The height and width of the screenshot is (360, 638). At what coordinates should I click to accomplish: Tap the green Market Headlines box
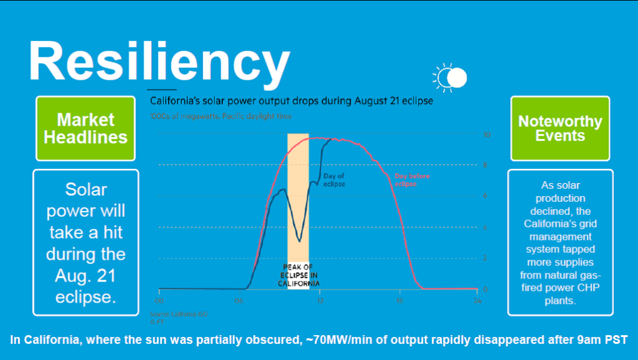click(85, 128)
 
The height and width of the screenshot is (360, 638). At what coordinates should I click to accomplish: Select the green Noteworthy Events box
click(560, 128)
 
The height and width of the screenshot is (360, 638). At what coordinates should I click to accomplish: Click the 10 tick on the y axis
click(486, 135)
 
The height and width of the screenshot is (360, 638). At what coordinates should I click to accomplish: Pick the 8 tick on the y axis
click(486, 165)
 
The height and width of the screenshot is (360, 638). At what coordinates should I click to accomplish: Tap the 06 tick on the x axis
click(239, 300)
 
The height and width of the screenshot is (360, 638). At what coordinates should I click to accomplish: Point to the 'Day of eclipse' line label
click(334, 181)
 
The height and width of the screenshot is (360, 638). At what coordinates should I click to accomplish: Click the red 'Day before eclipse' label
click(412, 180)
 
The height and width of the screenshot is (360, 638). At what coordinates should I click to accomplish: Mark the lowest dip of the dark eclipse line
click(300, 241)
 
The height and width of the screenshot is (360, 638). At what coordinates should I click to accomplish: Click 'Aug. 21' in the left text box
click(85, 275)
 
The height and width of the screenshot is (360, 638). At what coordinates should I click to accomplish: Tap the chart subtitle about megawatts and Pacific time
click(221, 116)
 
